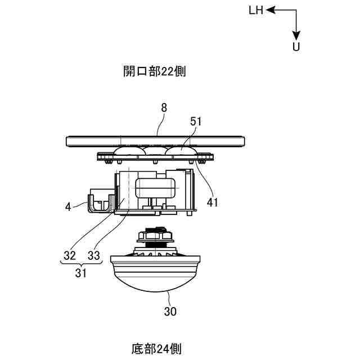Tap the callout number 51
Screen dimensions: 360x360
(x=196, y=121)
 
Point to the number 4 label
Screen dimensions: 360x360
(x=68, y=206)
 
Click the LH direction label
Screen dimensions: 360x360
(x=255, y=10)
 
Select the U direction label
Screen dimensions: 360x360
(x=296, y=47)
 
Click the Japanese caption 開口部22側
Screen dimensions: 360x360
(x=155, y=71)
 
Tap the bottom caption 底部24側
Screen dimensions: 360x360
(x=154, y=349)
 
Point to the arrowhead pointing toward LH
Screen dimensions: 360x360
(x=270, y=10)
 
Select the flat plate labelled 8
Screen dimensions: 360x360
(x=156, y=139)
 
